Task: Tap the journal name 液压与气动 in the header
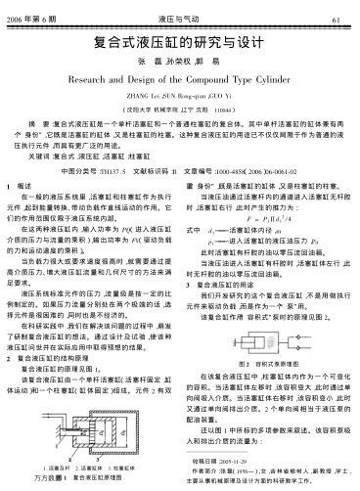tap(180, 19)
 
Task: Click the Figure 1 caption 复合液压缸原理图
tap(93, 484)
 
